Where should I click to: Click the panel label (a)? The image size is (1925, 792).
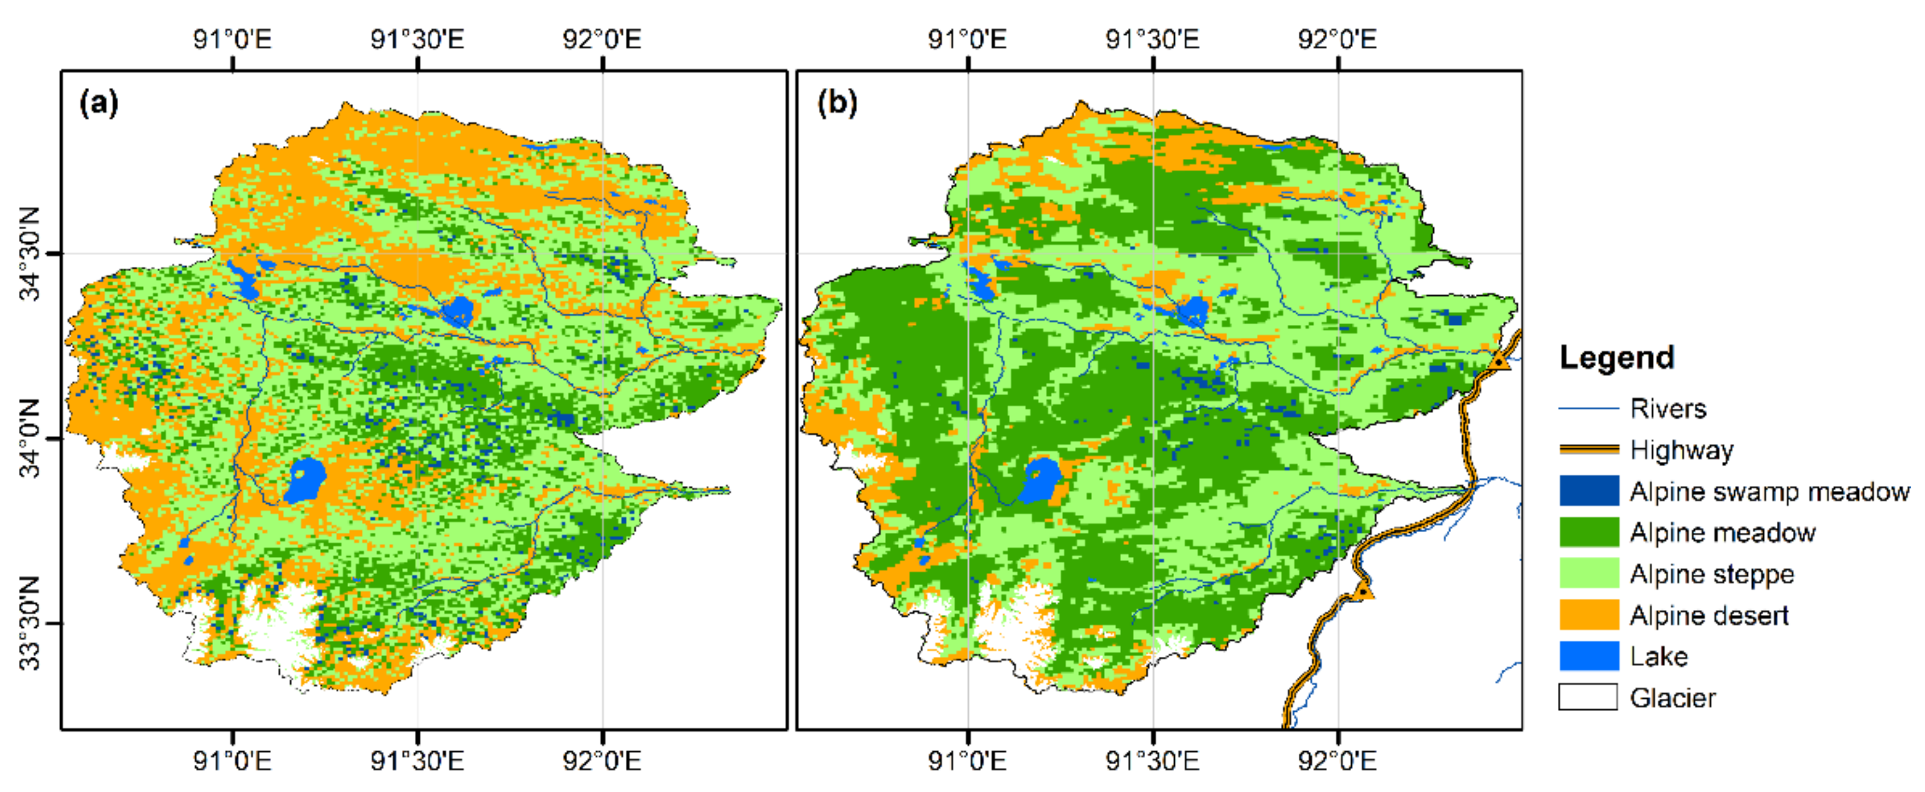(99, 102)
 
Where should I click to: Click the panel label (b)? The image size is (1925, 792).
(837, 102)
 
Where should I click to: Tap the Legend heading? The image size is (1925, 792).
(1616, 357)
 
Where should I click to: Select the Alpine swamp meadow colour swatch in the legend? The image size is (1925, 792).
(1589, 491)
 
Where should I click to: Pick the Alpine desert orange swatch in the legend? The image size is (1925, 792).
(1589, 615)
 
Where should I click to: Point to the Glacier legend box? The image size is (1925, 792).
(1589, 697)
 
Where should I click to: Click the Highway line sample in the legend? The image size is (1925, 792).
(1589, 449)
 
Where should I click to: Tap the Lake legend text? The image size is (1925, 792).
(1658, 656)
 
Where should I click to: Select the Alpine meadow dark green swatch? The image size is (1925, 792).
(1589, 532)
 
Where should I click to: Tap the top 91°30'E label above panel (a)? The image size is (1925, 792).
(417, 39)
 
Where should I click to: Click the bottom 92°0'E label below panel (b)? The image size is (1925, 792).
(1337, 761)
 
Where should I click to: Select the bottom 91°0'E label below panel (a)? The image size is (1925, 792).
(233, 761)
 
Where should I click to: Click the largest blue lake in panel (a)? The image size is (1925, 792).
(306, 480)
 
